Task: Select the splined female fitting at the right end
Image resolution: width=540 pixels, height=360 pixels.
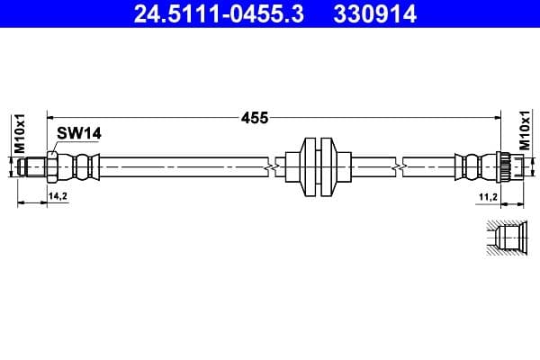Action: (507, 166)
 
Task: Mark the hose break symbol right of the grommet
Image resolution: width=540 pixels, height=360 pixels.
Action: (397, 166)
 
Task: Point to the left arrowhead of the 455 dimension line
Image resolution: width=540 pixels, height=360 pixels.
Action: (50, 117)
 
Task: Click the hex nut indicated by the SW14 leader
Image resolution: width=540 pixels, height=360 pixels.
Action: (53, 166)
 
